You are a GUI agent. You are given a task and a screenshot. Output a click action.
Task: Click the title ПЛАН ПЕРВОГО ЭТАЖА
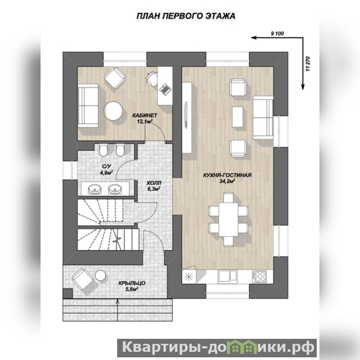pyautogui.click(x=186, y=16)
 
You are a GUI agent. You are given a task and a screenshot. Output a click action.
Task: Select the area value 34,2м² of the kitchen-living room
pyautogui.click(x=227, y=181)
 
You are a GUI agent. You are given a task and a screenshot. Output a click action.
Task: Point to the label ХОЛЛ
pyautogui.click(x=154, y=183)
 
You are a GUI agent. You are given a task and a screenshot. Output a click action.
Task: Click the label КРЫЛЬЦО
pyautogui.click(x=132, y=283)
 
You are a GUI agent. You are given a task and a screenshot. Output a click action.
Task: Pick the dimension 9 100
pyautogui.click(x=278, y=33)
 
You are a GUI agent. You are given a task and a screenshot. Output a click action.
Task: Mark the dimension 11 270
pyautogui.click(x=308, y=64)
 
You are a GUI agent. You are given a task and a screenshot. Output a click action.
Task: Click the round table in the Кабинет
pyautogui.click(x=113, y=111)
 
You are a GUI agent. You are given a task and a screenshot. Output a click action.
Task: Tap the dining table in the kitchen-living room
pyautogui.click(x=228, y=219)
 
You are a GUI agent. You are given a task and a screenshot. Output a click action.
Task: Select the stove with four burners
pyautogui.click(x=260, y=277)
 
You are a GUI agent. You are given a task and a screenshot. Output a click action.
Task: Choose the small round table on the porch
pyautogui.click(x=100, y=275)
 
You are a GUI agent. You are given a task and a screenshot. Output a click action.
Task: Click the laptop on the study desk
pyautogui.click(x=165, y=90)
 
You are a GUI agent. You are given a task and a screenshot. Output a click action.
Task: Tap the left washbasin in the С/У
pyautogui.click(x=94, y=189)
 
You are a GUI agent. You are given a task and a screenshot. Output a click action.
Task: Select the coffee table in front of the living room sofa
pyautogui.click(x=237, y=117)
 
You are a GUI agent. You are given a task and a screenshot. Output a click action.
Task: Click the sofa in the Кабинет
pyautogui.click(x=88, y=105)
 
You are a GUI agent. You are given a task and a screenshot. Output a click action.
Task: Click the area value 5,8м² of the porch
pyautogui.click(x=132, y=289)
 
